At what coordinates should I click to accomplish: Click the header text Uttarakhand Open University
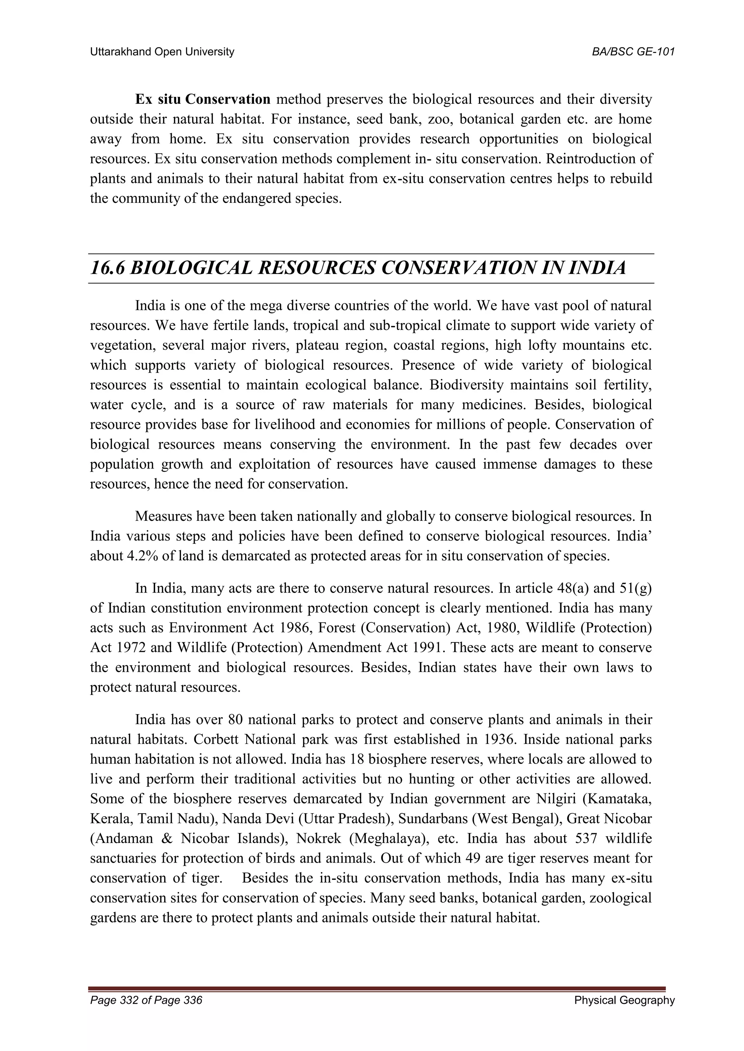coord(162,52)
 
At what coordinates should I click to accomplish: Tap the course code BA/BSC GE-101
coord(633,52)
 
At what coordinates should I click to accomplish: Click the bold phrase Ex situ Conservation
coord(202,99)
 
